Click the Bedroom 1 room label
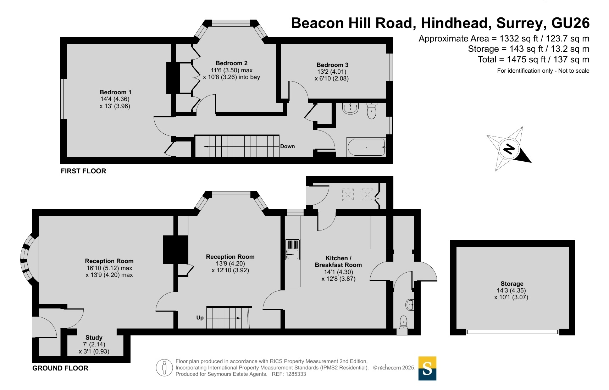pyautogui.click(x=115, y=92)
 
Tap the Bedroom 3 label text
pyautogui.click(x=332, y=65)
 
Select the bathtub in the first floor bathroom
pyautogui.click(x=366, y=147)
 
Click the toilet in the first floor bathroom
pyautogui.click(x=371, y=111)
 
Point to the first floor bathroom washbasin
pyautogui.click(x=350, y=108)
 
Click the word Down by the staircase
pyautogui.click(x=287, y=146)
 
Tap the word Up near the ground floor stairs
pyautogui.click(x=200, y=318)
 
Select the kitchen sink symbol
pyautogui.click(x=293, y=250)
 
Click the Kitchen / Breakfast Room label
pyautogui.click(x=338, y=262)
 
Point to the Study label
pyautogui.click(x=94, y=338)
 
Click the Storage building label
pyautogui.click(x=512, y=284)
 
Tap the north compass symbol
pyautogui.click(x=509, y=149)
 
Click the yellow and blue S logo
pyautogui.click(x=427, y=368)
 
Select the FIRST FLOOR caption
pyautogui.click(x=83, y=171)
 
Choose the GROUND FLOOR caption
pyautogui.click(x=60, y=368)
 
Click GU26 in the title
pyautogui.click(x=570, y=23)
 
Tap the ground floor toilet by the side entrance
pyautogui.click(x=403, y=321)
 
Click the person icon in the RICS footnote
pyautogui.click(x=164, y=368)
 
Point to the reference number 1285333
pyautogui.click(x=295, y=374)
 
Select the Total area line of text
pyautogui.click(x=533, y=60)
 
